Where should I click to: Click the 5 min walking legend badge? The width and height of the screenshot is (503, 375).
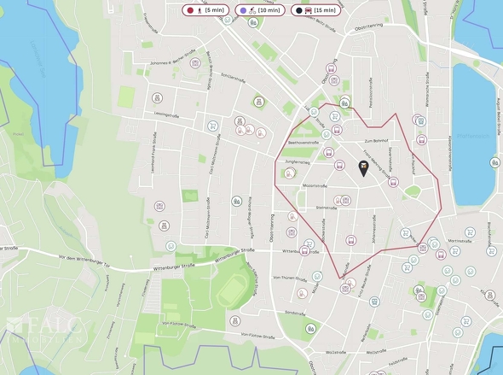(205, 10)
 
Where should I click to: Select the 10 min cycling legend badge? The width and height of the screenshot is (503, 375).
(257, 10)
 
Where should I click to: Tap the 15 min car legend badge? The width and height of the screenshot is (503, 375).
(315, 10)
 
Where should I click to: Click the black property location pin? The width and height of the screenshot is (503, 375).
(364, 168)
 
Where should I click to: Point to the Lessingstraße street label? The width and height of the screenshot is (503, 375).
(165, 114)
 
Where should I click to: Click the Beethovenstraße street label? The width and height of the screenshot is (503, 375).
(303, 143)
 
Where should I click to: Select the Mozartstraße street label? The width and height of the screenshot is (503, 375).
(315, 185)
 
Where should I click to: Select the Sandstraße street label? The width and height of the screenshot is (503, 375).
(294, 313)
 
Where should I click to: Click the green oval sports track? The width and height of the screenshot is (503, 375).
(234, 290)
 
